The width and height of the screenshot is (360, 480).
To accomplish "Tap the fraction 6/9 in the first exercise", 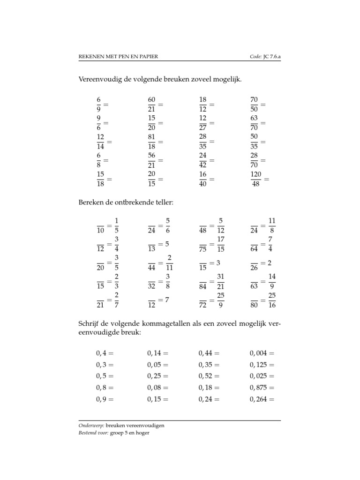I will click(x=98, y=104).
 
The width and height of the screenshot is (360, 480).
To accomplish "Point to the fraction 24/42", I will click(x=203, y=160).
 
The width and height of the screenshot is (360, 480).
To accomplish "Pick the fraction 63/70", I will click(x=254, y=123).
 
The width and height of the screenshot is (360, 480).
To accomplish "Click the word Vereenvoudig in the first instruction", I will click(x=98, y=80).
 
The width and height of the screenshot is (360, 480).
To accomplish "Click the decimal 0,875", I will click(x=259, y=388).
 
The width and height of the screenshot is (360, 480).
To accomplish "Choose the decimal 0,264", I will click(x=259, y=399).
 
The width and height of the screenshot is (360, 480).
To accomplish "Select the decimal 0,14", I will click(x=155, y=352).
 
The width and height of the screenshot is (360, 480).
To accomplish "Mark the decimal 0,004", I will click(x=259, y=352).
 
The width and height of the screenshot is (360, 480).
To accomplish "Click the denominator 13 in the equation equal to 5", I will click(x=151, y=249).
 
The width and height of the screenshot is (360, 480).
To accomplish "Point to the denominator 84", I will click(x=203, y=287).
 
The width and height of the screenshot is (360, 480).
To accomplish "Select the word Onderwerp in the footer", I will click(x=91, y=426).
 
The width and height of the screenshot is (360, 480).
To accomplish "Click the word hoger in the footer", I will click(x=142, y=433).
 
